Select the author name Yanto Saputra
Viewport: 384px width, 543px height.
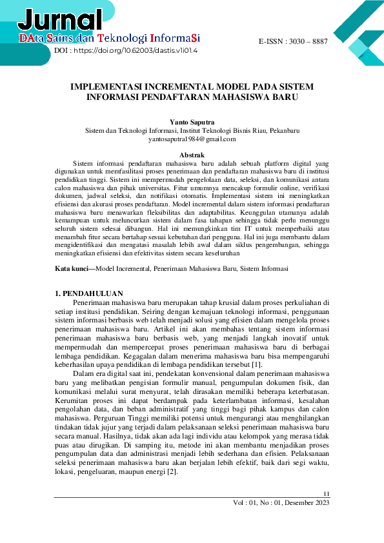(192, 121)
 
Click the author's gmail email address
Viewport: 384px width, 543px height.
(192, 139)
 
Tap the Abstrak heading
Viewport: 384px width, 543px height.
(192, 155)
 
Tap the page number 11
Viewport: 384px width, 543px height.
(326, 494)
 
